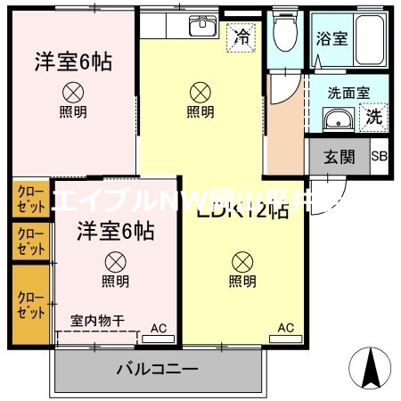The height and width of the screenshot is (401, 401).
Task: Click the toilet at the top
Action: pos(285,36)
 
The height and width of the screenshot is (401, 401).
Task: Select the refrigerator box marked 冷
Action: pos(241,37)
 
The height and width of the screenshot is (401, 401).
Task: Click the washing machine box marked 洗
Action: pos(374,116)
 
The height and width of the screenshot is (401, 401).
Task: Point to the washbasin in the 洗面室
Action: pos(337,122)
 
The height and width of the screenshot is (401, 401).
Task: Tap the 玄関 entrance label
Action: pos(339,158)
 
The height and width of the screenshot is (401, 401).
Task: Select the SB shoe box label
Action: pos(379,158)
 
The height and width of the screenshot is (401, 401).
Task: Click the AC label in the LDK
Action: pos(285,328)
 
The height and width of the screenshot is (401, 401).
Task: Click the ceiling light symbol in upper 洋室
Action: pos(73,92)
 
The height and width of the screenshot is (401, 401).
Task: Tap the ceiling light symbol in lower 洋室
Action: pos(114,262)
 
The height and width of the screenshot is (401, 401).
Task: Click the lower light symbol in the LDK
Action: pos(241,262)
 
